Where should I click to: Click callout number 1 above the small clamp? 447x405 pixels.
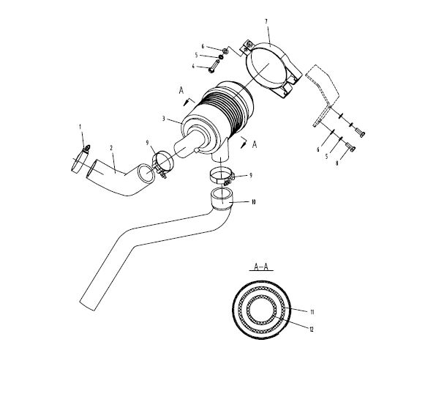click(x=80, y=127)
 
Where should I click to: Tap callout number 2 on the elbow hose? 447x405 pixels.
click(x=111, y=147)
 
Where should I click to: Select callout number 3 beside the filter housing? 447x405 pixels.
click(x=164, y=118)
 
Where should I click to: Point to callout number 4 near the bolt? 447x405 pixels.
click(x=193, y=66)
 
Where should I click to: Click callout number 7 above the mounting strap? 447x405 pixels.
click(x=266, y=21)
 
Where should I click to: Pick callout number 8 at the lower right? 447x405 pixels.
click(x=337, y=163)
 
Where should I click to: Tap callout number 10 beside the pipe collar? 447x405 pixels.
click(x=253, y=202)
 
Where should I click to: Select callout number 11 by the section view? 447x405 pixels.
click(x=312, y=312)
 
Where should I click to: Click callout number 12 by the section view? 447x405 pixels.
click(x=312, y=329)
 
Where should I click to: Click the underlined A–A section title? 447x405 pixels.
click(x=261, y=267)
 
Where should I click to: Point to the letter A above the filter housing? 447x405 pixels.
click(x=181, y=91)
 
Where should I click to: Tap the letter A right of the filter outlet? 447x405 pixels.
click(x=255, y=144)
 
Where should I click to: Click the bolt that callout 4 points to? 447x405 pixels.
click(x=213, y=67)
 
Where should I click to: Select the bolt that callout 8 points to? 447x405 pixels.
click(x=350, y=147)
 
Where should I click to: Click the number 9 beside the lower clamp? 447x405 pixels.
click(x=251, y=175)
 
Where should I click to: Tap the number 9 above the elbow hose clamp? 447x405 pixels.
click(x=147, y=143)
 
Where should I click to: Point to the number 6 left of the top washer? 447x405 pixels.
click(x=203, y=46)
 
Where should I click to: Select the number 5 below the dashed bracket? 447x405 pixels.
click(x=327, y=157)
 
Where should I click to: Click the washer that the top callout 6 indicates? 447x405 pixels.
click(x=225, y=51)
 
